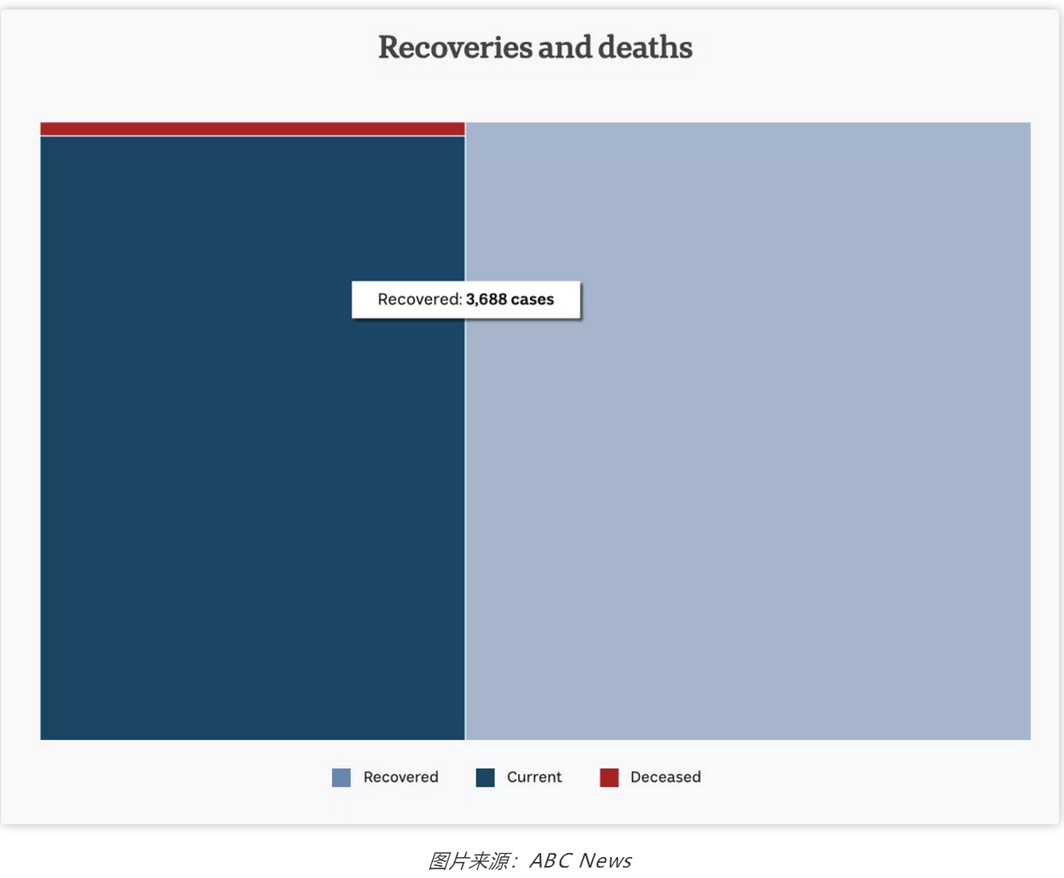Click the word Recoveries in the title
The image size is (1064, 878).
point(455,47)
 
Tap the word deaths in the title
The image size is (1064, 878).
point(645,47)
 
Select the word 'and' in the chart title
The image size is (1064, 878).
point(565,47)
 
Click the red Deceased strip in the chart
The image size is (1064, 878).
point(253,128)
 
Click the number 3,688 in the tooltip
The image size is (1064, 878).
point(486,300)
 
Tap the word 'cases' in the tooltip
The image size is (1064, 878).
point(532,300)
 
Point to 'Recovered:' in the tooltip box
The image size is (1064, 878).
point(420,300)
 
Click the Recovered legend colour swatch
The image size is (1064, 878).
point(341,778)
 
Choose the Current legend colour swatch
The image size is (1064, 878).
point(485,778)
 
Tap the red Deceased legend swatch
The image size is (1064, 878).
point(609,778)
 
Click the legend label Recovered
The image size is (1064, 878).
point(401,777)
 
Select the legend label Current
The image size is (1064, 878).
point(534,777)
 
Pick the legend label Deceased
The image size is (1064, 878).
point(666,777)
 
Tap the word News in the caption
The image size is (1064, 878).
point(605,860)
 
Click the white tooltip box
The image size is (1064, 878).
point(466,300)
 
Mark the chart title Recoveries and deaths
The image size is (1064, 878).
point(536,47)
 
